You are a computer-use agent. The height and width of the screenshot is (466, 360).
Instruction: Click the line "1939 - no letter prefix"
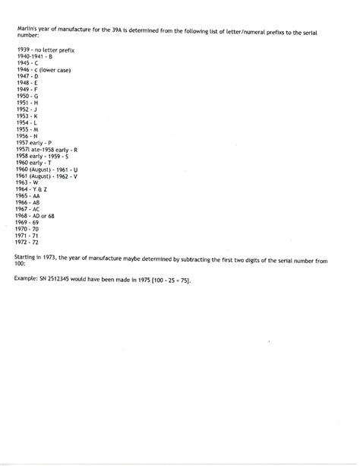pos(44,49)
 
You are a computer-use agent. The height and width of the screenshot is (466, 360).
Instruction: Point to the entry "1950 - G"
pos(27,97)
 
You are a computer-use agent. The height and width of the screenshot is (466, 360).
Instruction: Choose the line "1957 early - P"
pos(33,142)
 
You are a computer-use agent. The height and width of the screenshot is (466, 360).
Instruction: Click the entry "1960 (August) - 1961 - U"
pos(46,170)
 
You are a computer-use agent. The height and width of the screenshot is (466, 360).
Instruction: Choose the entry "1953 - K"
pos(27,116)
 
